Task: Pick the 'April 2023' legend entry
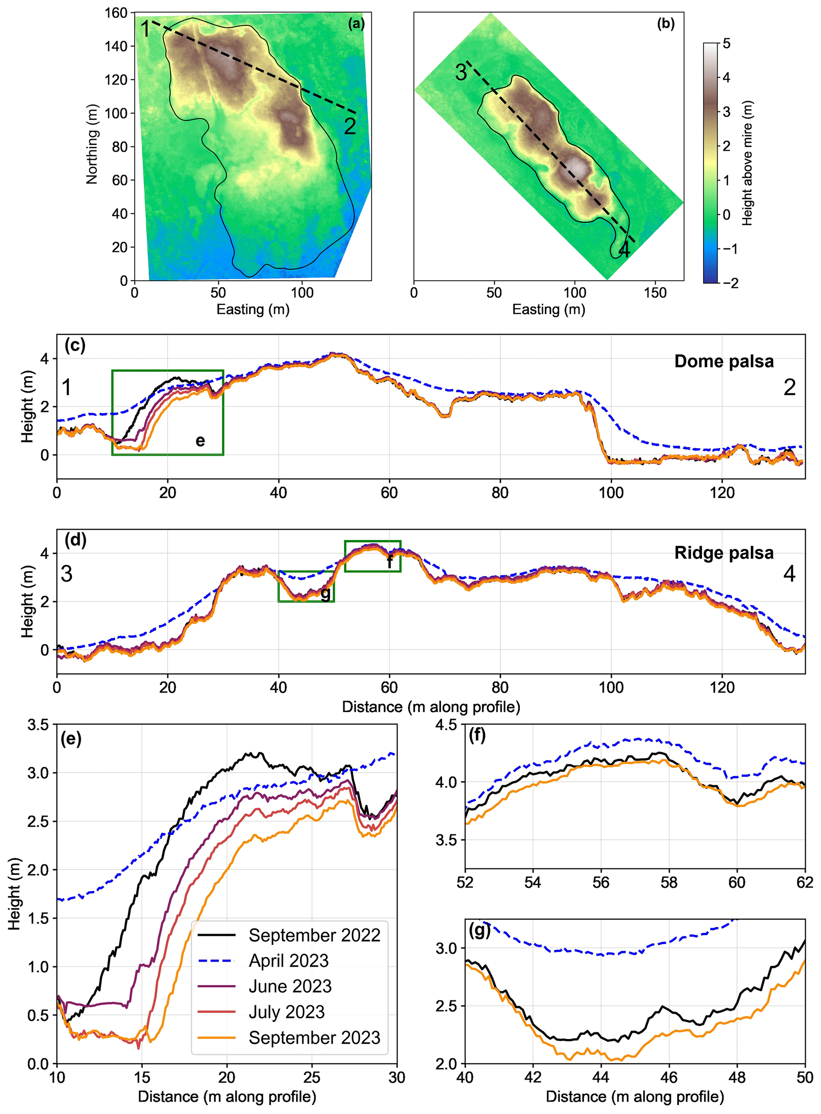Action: pyautogui.click(x=288, y=960)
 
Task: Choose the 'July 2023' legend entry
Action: pyautogui.click(x=286, y=1012)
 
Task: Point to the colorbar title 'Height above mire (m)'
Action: pyautogui.click(x=747, y=163)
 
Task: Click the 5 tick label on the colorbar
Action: pyautogui.click(x=726, y=44)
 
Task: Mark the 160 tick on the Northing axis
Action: pyautogui.click(x=116, y=13)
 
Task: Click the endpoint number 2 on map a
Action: pyautogui.click(x=350, y=127)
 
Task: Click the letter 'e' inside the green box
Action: pyautogui.click(x=200, y=441)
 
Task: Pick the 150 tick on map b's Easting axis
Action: pyautogui.click(x=655, y=293)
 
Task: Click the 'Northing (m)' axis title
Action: pyautogui.click(x=92, y=144)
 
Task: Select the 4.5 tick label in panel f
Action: pyautogui.click(x=446, y=725)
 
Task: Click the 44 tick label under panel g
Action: pyautogui.click(x=601, y=1077)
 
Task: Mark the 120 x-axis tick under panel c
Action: pyautogui.click(x=722, y=493)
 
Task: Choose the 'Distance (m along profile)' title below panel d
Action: pyautogui.click(x=431, y=707)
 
